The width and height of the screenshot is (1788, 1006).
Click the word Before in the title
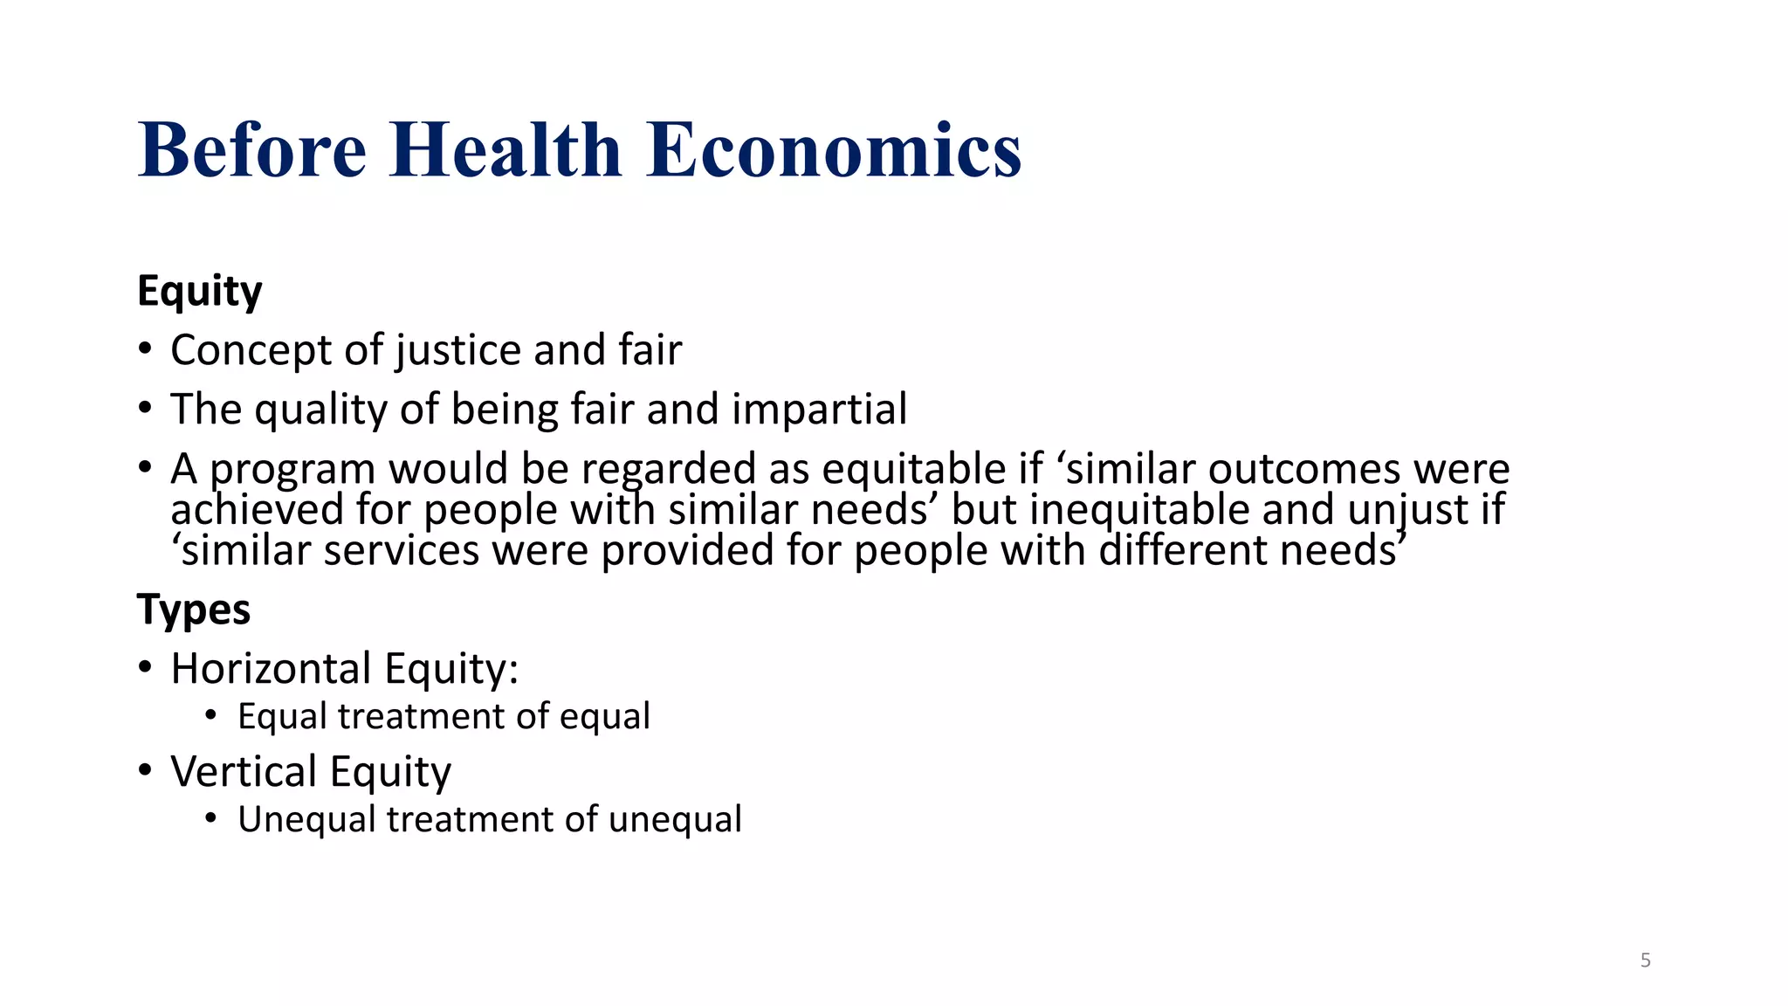(252, 150)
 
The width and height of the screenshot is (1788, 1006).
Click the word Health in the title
(505, 150)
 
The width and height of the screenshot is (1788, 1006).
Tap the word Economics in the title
(834, 150)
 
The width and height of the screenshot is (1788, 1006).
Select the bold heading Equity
(199, 291)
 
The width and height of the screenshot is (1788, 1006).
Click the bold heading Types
(193, 609)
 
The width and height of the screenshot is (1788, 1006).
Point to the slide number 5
(1645, 961)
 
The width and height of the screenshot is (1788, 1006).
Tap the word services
(402, 551)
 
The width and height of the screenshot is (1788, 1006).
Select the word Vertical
(244, 772)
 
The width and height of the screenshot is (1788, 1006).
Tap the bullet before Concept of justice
(145, 350)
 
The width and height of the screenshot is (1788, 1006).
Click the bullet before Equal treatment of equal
(210, 716)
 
